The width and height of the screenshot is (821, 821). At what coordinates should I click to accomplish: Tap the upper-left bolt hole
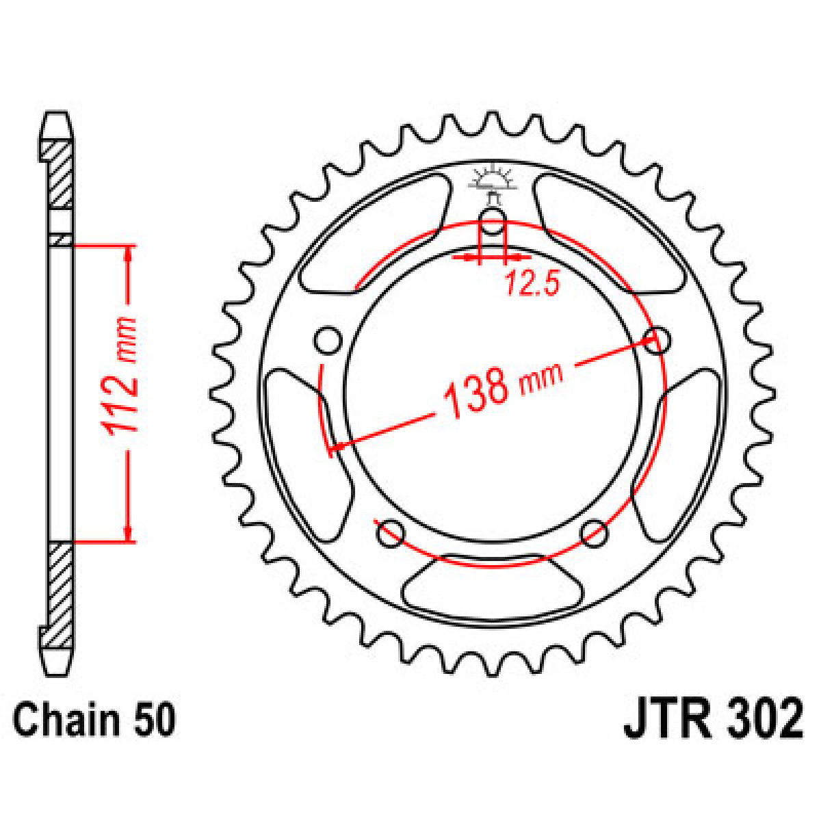click(328, 340)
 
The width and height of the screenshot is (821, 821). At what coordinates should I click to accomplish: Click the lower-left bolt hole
click(391, 533)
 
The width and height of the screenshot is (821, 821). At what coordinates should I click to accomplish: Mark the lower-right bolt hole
click(594, 533)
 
